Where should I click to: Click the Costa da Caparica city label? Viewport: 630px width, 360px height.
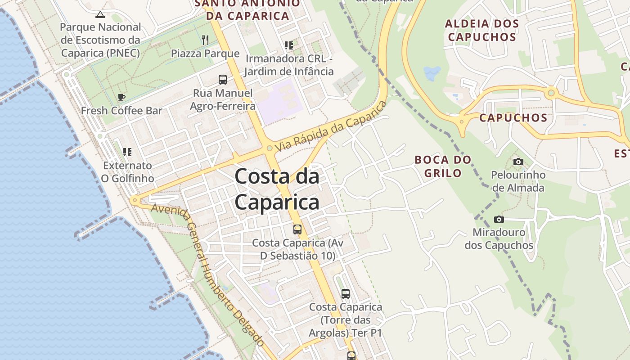point(277,189)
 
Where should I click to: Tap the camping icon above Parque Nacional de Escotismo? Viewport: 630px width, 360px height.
point(100,14)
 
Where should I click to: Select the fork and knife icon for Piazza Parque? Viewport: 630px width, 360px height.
point(205,40)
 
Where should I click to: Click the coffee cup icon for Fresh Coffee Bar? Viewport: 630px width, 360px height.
point(121,97)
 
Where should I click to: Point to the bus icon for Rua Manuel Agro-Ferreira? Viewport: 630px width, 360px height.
point(222,80)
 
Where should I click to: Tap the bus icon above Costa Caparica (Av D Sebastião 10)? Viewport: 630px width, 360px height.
point(297,229)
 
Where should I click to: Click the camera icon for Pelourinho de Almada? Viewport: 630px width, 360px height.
point(518,162)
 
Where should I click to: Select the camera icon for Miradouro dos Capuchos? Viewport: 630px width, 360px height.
point(499,219)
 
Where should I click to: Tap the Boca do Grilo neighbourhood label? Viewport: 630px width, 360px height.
point(443,166)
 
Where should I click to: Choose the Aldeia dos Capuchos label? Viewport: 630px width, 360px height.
point(482,30)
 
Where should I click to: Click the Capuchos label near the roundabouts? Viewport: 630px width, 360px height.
point(513,118)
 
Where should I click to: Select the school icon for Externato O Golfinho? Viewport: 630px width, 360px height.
point(127,152)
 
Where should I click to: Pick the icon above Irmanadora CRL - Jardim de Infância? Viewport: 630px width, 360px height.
point(288,45)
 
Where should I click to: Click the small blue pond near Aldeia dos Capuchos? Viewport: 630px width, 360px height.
point(432,72)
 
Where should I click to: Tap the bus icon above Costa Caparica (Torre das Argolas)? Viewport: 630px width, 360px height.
point(345,293)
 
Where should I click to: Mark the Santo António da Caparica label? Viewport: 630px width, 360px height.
point(247,10)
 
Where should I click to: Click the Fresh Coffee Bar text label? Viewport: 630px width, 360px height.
point(121,111)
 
